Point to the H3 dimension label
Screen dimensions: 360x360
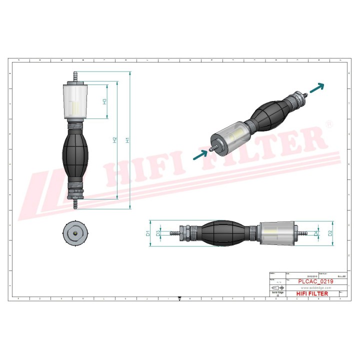104,101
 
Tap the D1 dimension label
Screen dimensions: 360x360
147,233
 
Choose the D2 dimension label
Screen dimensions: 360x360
330,233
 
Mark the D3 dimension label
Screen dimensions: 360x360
158,233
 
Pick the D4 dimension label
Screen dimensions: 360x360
316,233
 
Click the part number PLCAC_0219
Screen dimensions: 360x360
315,282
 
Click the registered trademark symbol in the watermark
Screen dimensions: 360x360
328,123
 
